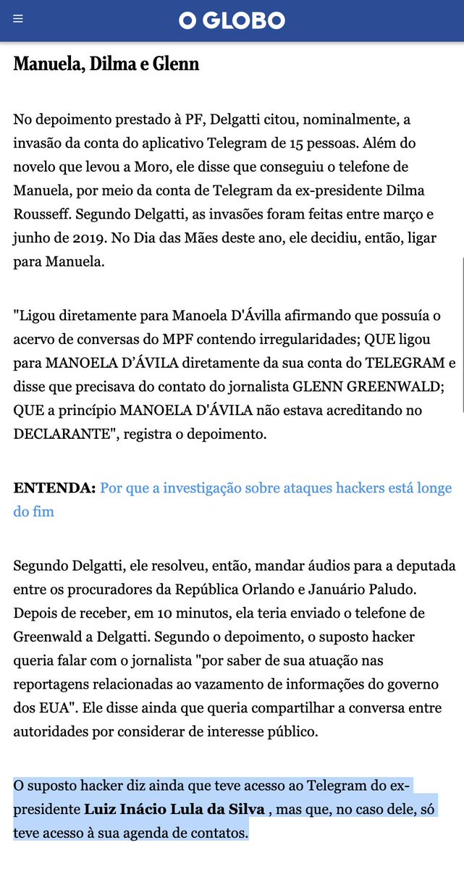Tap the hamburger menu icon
(18, 20)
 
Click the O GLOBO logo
(232, 20)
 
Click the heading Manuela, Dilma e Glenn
(106, 64)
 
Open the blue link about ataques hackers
(275, 488)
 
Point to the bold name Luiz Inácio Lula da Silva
(174, 809)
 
